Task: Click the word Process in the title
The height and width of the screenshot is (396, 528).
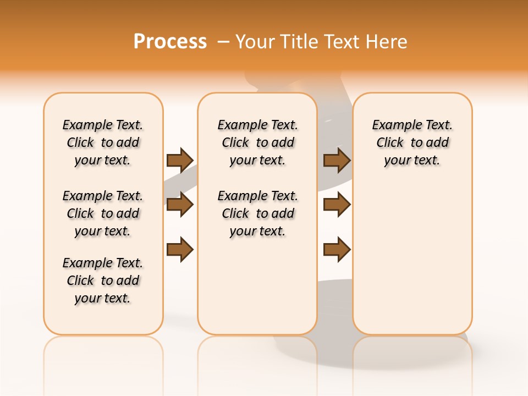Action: [170, 42]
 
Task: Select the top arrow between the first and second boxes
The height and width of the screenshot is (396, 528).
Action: [180, 160]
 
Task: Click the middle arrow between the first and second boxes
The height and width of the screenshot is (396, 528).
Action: [180, 205]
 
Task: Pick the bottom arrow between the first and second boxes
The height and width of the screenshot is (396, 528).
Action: [180, 250]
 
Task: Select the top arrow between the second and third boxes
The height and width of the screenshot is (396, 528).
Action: [337, 160]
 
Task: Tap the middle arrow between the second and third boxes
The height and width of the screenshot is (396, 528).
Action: [337, 205]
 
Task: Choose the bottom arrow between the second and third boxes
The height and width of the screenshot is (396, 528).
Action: [337, 250]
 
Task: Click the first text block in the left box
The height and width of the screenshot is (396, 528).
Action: [103, 142]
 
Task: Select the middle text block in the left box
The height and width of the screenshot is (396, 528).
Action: [103, 213]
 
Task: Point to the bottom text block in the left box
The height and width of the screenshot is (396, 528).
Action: [103, 280]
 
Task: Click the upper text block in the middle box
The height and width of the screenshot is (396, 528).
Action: [257, 142]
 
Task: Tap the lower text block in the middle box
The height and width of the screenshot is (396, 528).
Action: [257, 213]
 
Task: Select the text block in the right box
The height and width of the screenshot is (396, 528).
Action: [412, 142]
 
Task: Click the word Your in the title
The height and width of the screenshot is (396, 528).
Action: [255, 42]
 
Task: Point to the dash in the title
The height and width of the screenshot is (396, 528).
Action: [223, 42]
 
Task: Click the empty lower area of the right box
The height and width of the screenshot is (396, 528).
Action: [412, 258]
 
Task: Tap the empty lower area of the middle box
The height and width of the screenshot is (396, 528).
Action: [257, 286]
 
